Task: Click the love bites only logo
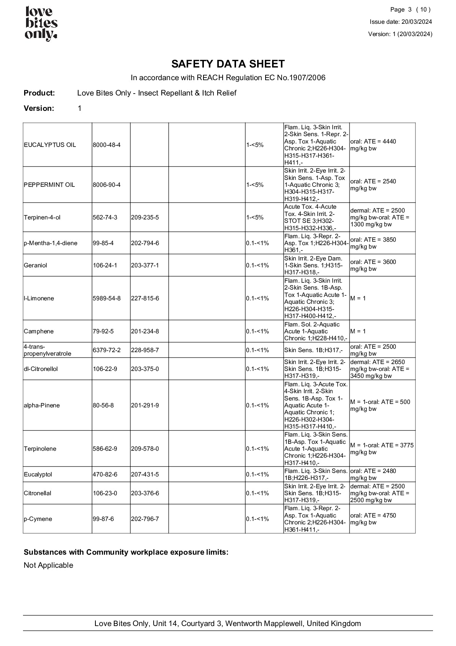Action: (x=41, y=24)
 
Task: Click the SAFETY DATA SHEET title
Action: (x=228, y=64)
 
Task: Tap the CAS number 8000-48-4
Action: (x=107, y=145)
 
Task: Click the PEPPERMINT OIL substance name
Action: (x=49, y=185)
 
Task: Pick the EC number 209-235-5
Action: (x=145, y=218)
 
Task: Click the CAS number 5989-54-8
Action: (x=107, y=298)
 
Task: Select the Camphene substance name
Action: (x=39, y=331)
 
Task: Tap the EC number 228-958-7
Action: (x=145, y=350)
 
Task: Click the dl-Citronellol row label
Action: (x=41, y=369)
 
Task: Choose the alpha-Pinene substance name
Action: (x=42, y=405)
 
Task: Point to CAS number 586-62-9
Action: (x=105, y=449)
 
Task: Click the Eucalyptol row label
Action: (x=38, y=475)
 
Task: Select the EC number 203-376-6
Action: (x=145, y=493)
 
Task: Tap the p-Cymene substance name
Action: (x=38, y=519)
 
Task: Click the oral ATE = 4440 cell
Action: (x=373, y=145)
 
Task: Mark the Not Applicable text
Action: (x=48, y=565)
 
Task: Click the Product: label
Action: (x=39, y=93)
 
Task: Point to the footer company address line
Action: (x=228, y=623)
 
